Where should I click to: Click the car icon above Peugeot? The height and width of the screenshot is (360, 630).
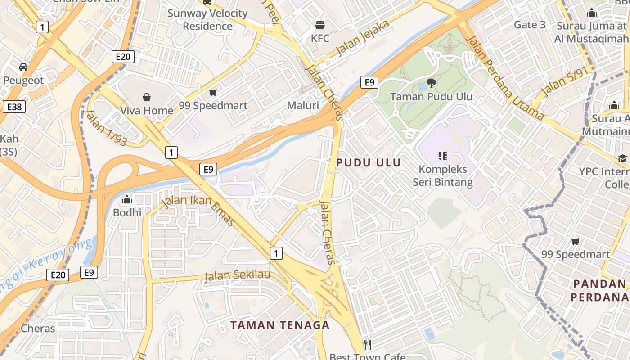tap(23, 67)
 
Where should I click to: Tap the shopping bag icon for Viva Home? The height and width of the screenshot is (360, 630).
tap(147, 97)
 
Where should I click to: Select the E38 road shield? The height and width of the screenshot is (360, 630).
tap(14, 107)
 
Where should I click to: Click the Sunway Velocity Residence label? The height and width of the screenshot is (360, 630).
tap(207, 19)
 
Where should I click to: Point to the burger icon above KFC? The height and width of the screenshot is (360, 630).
tap(320, 24)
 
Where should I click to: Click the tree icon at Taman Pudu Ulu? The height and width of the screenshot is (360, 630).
tap(431, 83)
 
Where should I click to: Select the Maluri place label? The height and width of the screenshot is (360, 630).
tap(303, 106)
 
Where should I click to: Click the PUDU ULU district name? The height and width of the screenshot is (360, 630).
tap(369, 162)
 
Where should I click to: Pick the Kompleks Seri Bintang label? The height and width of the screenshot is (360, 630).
tap(443, 176)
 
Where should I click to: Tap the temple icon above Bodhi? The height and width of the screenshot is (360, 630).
tap(127, 199)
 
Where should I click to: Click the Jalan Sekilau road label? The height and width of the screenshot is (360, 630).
tap(238, 275)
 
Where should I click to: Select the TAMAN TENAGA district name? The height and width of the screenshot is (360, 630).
tap(280, 325)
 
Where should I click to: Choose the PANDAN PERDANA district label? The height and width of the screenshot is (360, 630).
tap(600, 290)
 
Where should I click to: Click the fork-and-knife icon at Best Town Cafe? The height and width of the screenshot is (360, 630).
tap(368, 345)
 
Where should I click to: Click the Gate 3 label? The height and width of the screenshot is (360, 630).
tap(530, 25)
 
